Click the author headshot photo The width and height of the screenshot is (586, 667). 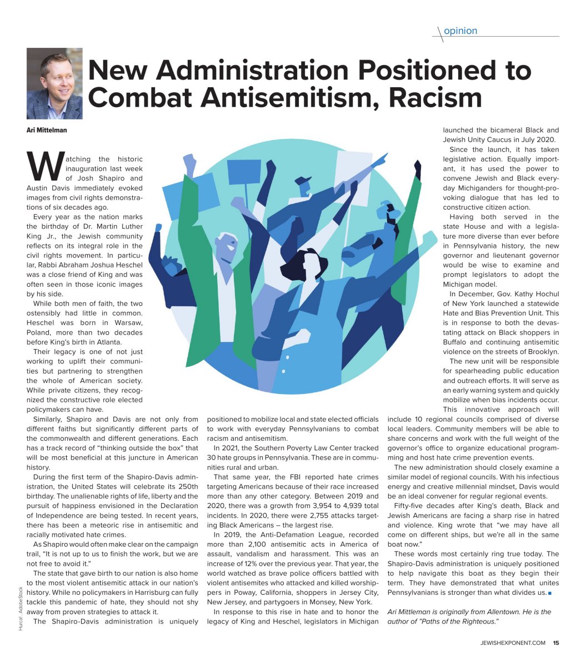tap(54, 83)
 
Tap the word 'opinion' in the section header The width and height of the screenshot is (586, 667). tap(460, 31)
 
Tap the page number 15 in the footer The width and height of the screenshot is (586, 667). tap(555, 643)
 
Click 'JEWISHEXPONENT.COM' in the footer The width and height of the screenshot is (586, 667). tap(513, 643)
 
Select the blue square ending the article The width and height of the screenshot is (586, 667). tap(549, 593)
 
